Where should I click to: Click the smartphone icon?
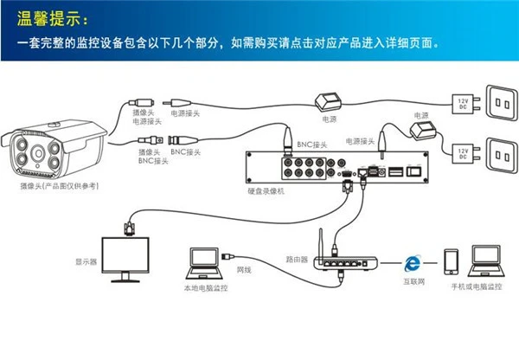point(450,261)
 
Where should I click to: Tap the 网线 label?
point(243,270)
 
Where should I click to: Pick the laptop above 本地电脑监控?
point(202,260)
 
